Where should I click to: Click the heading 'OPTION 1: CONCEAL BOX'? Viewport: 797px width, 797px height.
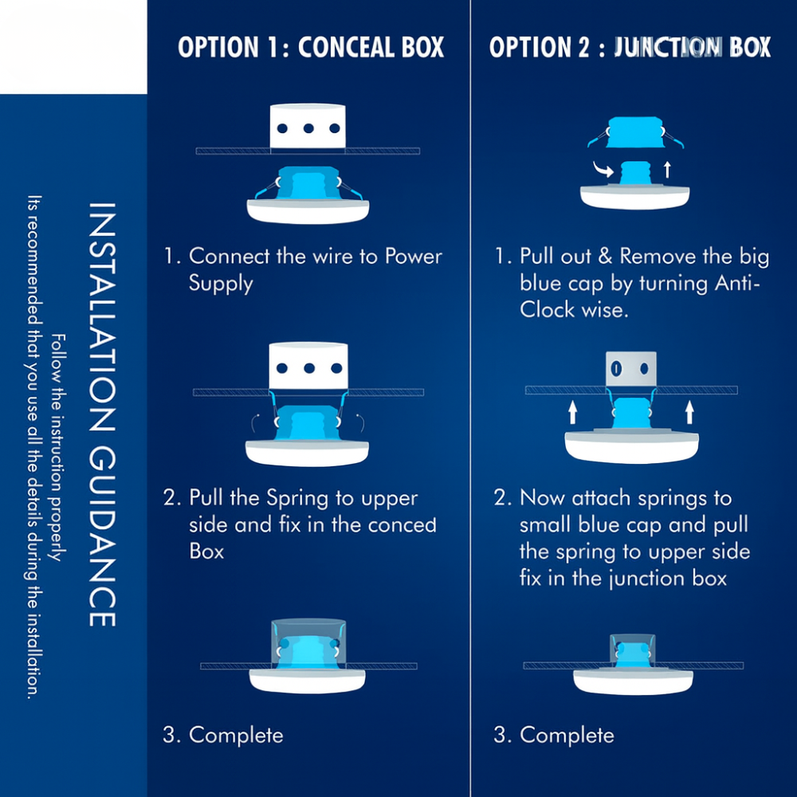coord(311,47)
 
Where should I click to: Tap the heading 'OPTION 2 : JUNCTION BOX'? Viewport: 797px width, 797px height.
coord(630,47)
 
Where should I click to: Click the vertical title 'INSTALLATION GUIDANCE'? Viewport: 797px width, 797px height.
coord(101,414)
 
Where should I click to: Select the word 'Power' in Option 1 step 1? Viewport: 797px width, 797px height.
coord(414,257)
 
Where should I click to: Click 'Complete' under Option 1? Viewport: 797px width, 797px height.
coord(236,735)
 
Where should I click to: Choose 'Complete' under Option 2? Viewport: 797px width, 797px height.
coord(567,735)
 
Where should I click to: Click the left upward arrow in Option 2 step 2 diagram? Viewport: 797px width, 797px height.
coord(571,412)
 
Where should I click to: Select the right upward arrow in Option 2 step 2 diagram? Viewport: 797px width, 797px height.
coord(689,412)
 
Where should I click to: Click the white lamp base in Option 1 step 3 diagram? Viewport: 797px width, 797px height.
coord(307,680)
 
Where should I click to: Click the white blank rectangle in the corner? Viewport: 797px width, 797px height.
coord(73,46)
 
